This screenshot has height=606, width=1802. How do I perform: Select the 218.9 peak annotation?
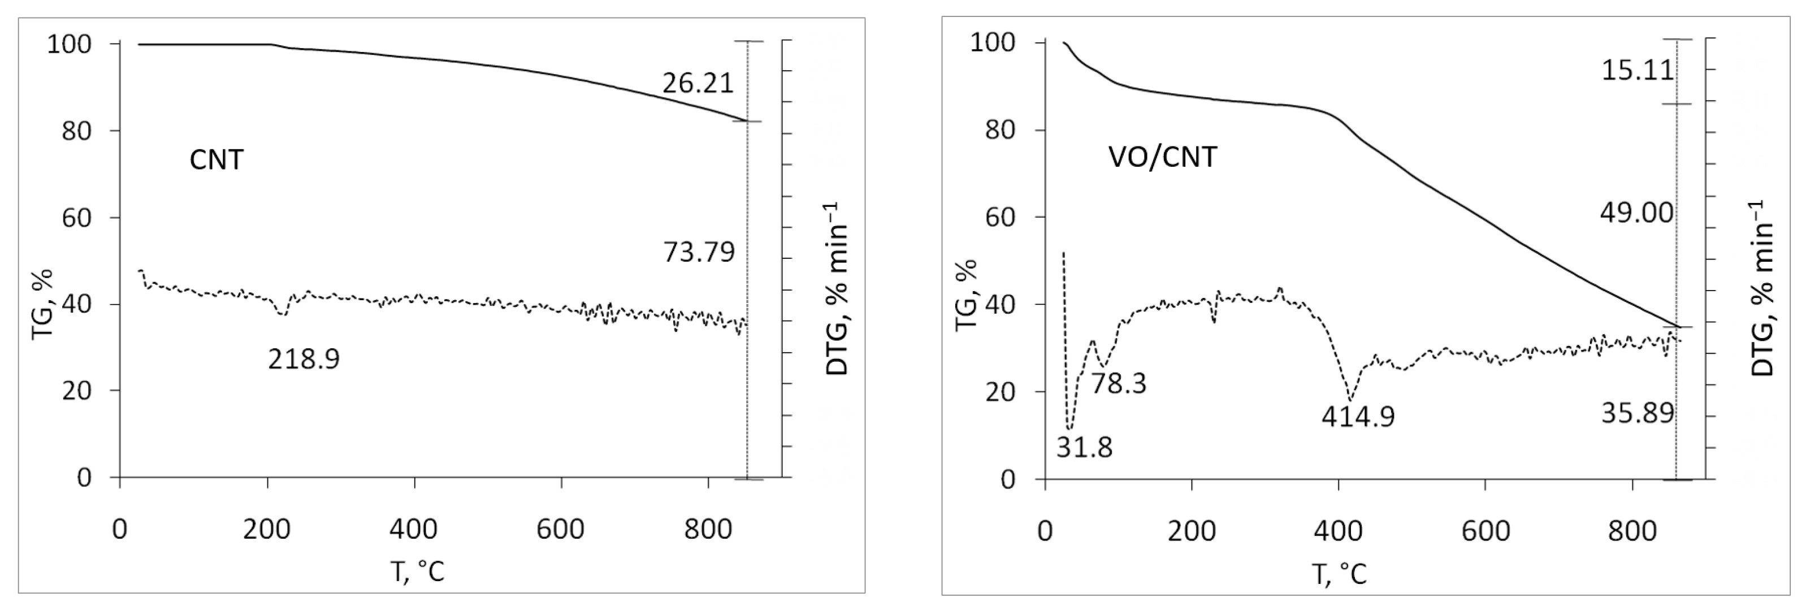304,360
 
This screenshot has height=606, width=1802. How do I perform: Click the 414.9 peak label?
1357,417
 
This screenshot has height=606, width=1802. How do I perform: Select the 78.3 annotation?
1119,383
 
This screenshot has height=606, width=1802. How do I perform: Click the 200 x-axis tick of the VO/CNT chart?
1192,531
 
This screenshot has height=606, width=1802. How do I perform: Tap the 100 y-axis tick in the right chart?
993,44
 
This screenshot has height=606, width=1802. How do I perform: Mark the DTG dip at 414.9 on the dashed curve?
1349,400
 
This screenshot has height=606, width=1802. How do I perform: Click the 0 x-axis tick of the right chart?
1045,531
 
